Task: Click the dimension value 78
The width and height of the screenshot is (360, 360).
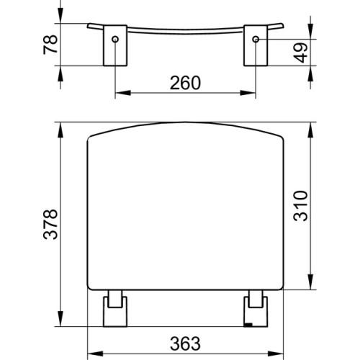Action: pyautogui.click(x=50, y=45)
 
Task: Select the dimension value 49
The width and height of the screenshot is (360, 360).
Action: pyautogui.click(x=300, y=53)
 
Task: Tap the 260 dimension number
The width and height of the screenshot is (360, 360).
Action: pyautogui.click(x=185, y=83)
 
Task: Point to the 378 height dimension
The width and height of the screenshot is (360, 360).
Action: pyautogui.click(x=50, y=225)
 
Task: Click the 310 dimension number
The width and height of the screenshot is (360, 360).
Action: pyautogui.click(x=300, y=206)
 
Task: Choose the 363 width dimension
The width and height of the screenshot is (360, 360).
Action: pyautogui.click(x=185, y=343)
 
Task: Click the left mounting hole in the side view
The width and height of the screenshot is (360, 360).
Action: pyautogui.click(x=115, y=39)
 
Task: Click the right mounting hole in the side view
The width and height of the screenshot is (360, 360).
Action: pyautogui.click(x=256, y=39)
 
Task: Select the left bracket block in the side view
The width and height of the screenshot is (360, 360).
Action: pyautogui.click(x=115, y=45)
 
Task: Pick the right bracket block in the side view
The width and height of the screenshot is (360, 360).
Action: pyautogui.click(x=256, y=45)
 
